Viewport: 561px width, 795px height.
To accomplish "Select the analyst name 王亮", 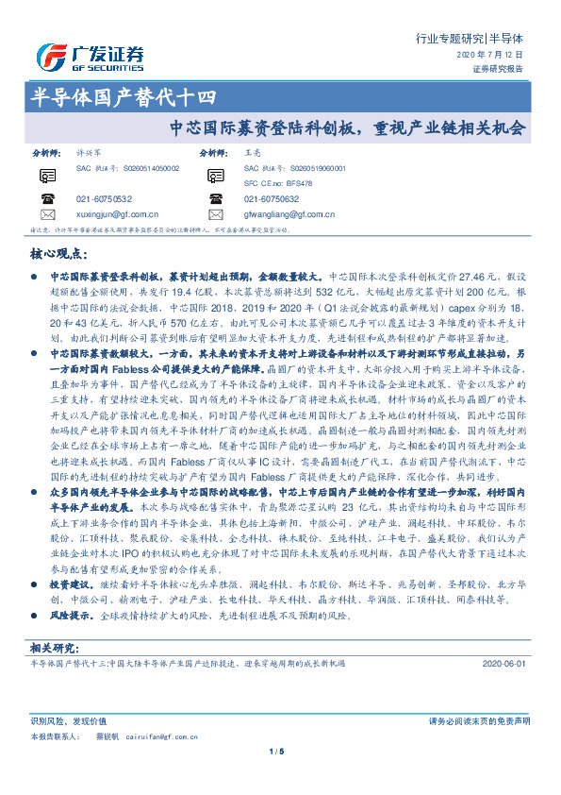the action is pyautogui.click(x=251, y=151).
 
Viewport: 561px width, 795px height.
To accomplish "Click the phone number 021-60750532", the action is pyautogui.click(x=104, y=199).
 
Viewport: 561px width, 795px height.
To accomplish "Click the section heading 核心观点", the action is pyautogui.click(x=59, y=255).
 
